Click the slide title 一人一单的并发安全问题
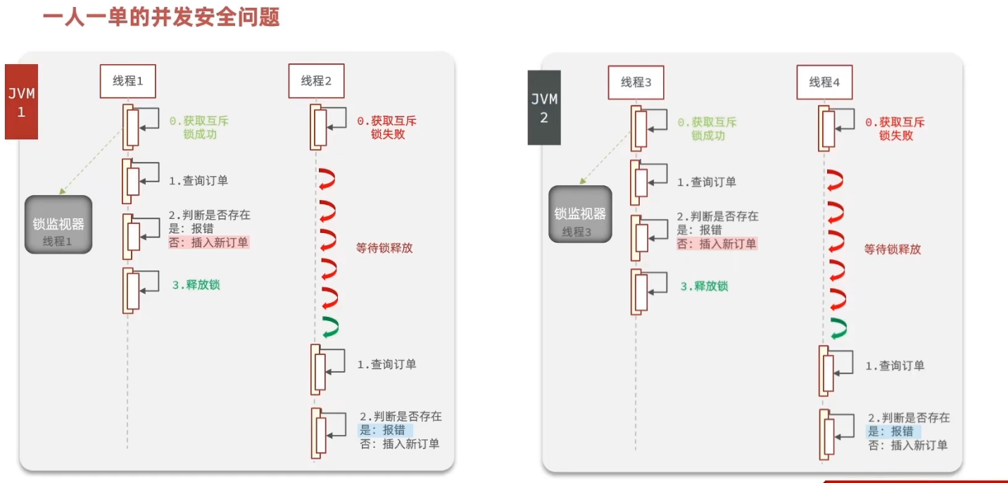tap(161, 17)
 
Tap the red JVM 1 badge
tap(21, 102)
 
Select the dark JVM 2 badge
tap(544, 108)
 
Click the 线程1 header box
tap(127, 81)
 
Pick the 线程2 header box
tap(316, 81)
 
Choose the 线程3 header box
tap(636, 82)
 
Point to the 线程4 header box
tap(824, 82)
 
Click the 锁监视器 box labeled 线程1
tap(58, 225)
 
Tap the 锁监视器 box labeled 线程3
tap(580, 215)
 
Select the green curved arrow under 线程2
tap(329, 326)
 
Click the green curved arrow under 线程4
tap(838, 328)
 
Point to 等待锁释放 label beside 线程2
tap(384, 248)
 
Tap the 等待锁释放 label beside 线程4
tap(893, 249)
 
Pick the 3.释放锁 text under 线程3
tap(704, 286)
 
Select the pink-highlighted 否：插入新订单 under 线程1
tap(209, 242)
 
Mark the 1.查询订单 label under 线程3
tap(707, 182)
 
